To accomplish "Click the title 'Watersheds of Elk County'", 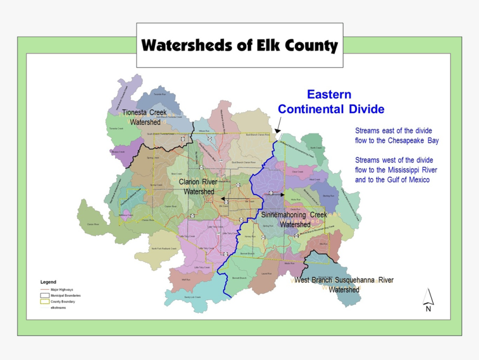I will click(239, 45).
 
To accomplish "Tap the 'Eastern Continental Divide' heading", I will click(331, 101).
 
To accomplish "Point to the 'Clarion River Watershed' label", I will click(199, 186).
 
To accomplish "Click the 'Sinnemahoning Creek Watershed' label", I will click(295, 219).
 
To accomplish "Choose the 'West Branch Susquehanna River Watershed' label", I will click(344, 284).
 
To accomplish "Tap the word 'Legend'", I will click(48, 282).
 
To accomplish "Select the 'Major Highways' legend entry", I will click(62, 290).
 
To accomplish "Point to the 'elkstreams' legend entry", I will click(58, 308).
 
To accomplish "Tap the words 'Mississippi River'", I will click(416, 170).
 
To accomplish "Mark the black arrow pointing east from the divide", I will click(279, 196).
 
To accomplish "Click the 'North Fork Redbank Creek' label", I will click(165, 248).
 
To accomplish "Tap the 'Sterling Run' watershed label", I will click(329, 196).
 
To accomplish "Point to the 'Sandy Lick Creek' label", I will click(192, 297).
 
